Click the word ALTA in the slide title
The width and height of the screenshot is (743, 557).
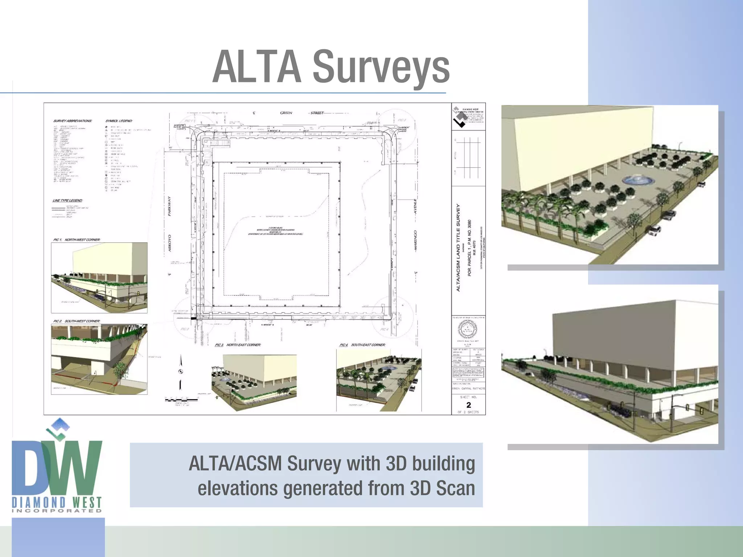[257, 67]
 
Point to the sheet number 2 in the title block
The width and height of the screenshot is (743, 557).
[468, 405]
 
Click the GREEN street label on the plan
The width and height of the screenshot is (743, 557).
[286, 113]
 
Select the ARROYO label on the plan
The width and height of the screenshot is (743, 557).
[169, 243]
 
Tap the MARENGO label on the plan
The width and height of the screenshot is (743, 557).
[415, 240]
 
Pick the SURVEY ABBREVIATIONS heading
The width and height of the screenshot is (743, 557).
[73, 121]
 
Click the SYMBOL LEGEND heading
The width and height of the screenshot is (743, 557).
[119, 121]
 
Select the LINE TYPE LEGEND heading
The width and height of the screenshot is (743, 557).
[67, 201]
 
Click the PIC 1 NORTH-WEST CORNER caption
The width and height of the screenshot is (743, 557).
[77, 240]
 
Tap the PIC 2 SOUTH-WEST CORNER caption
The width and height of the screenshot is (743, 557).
[77, 321]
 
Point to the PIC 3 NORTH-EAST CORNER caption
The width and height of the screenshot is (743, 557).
[238, 345]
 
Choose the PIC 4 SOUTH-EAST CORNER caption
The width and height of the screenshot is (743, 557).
[362, 345]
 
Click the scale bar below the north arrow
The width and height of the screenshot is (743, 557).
[181, 400]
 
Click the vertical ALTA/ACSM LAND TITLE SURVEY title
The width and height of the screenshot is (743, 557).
[458, 247]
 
